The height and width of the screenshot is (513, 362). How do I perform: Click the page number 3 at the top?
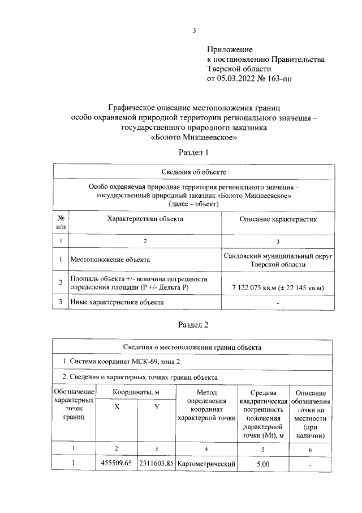194,31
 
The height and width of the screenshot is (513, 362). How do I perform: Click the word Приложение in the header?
230,50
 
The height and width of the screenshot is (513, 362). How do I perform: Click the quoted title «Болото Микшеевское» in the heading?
194,137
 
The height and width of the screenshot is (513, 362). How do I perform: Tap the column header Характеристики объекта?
145,218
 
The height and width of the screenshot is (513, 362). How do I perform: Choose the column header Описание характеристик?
278,218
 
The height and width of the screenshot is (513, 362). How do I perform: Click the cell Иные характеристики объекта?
117,302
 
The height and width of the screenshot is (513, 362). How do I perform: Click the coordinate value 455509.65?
116,464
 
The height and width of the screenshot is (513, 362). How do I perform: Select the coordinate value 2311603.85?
157,464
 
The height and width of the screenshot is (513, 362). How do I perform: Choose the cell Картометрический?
206,464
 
